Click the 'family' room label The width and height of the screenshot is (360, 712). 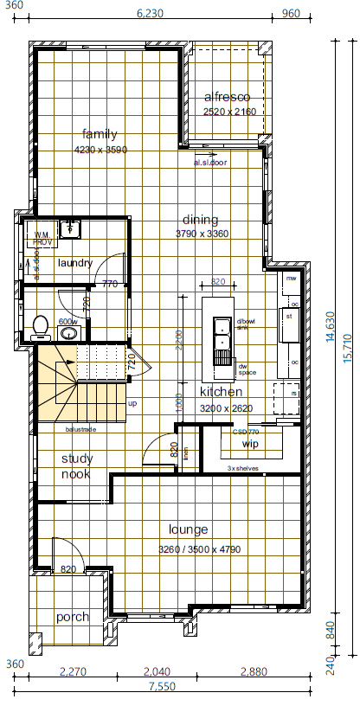point(100,134)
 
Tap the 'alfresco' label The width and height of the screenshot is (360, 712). point(227,97)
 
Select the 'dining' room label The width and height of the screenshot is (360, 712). point(201,220)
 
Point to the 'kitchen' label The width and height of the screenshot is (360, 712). point(222,392)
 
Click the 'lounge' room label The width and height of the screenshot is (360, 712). point(188,529)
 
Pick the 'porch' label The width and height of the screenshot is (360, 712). point(73,617)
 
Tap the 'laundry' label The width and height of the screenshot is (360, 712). point(74,263)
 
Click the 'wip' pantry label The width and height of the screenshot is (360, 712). point(251,444)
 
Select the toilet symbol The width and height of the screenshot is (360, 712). point(39,325)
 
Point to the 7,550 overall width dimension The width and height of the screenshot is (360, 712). point(161,687)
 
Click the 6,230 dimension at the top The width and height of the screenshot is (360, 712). point(150,13)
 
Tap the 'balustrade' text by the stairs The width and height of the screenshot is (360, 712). point(80,428)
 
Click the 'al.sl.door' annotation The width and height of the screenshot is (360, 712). point(209,162)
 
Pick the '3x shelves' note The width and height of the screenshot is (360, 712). point(242,468)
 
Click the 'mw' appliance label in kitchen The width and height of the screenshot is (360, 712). point(292,279)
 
